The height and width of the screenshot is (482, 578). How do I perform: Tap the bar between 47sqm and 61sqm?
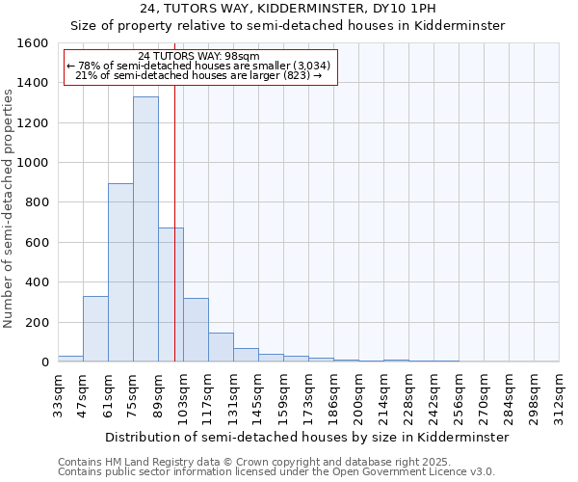pyautogui.click(x=95, y=329)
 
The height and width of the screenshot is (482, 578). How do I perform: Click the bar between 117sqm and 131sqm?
pyautogui.click(x=221, y=347)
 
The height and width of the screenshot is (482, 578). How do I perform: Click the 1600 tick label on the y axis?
pyautogui.click(x=33, y=43)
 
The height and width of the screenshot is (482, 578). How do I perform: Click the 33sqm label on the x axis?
pyautogui.click(x=59, y=396)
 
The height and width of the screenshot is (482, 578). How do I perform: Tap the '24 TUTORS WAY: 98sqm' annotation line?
pyautogui.click(x=198, y=56)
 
